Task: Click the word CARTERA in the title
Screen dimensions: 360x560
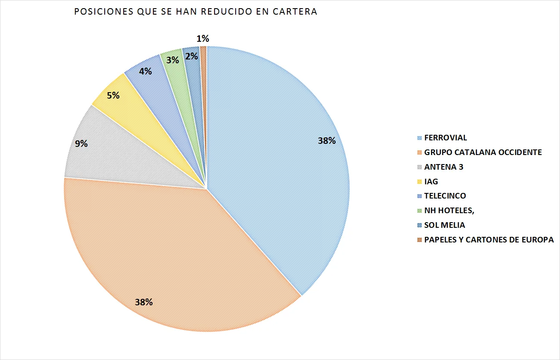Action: pyautogui.click(x=295, y=12)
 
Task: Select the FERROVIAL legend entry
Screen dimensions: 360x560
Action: pyautogui.click(x=445, y=138)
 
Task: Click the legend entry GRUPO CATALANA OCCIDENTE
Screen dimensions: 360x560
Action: pyautogui.click(x=483, y=152)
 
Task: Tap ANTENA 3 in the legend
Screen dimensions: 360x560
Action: pyautogui.click(x=444, y=167)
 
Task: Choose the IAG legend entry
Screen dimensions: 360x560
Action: pyautogui.click(x=431, y=181)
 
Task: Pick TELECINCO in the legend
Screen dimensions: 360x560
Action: pyautogui.click(x=445, y=196)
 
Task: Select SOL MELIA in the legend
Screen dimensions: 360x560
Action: pyautogui.click(x=445, y=225)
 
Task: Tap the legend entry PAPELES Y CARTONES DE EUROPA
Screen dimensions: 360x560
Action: pyautogui.click(x=489, y=240)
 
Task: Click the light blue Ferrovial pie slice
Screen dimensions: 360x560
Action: pyautogui.click(x=280, y=172)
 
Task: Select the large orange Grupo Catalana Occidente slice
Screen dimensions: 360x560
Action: pyautogui.click(x=172, y=250)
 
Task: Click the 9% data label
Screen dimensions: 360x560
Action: pyautogui.click(x=81, y=144)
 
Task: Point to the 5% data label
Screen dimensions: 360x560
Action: pyautogui.click(x=113, y=95)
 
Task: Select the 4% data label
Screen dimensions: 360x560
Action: pyautogui.click(x=145, y=71)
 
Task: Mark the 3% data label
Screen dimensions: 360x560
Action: pyautogui.click(x=173, y=60)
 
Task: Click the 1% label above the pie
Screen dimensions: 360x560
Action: pyautogui.click(x=203, y=39)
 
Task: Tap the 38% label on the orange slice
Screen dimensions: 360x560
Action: pyautogui.click(x=144, y=302)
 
